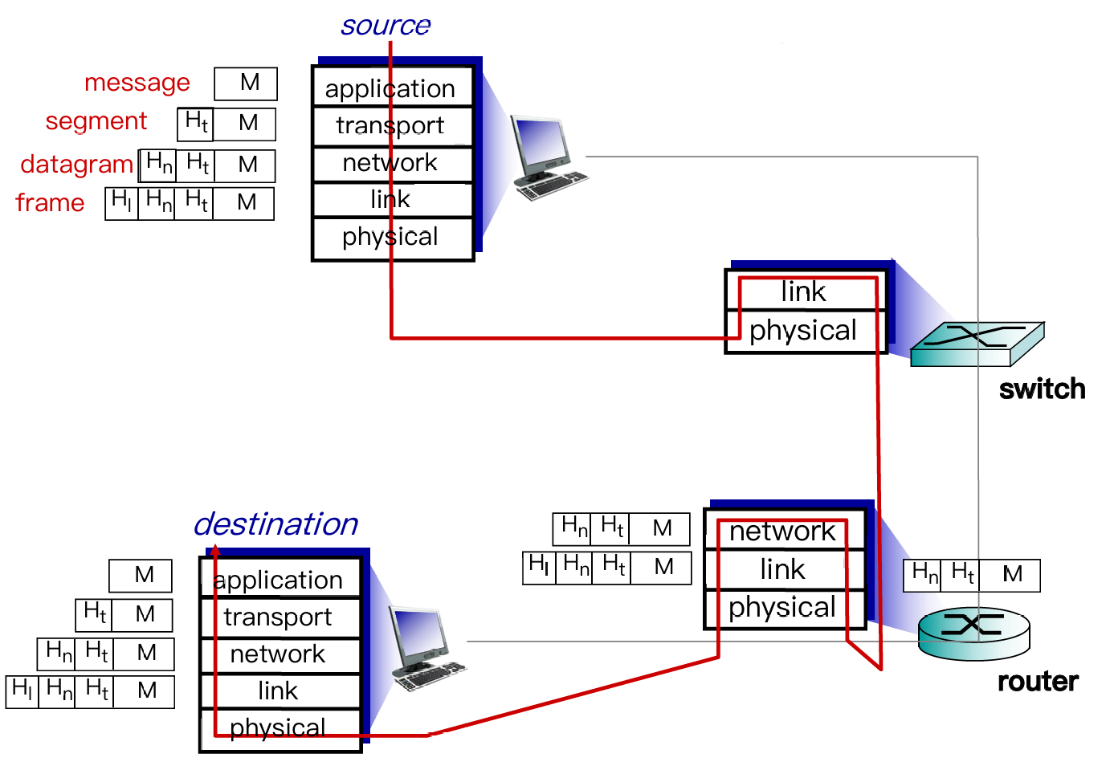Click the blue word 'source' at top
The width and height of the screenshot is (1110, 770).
[386, 26]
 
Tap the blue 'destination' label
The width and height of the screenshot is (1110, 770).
[275, 524]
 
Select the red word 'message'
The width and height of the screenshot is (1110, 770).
[137, 83]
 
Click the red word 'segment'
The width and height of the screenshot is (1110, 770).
[96, 121]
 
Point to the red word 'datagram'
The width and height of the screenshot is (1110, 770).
[76, 164]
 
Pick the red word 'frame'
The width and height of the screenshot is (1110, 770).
[50, 202]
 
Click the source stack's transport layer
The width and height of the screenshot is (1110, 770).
[390, 126]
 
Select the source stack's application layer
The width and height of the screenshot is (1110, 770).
[390, 88]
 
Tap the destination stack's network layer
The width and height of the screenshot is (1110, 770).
[278, 654]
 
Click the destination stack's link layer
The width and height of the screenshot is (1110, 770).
[278, 691]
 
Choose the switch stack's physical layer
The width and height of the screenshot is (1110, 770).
[803, 331]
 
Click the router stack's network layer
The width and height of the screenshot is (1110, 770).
[783, 531]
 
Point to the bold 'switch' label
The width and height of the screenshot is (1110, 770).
[1042, 389]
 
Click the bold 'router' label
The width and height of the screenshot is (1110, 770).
[1038, 682]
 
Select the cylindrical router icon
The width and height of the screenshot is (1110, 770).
[973, 634]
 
